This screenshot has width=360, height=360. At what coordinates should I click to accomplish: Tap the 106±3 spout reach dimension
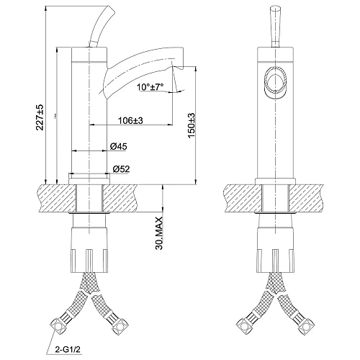[127, 120]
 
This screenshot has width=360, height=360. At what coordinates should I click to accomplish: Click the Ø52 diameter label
[120, 169]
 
